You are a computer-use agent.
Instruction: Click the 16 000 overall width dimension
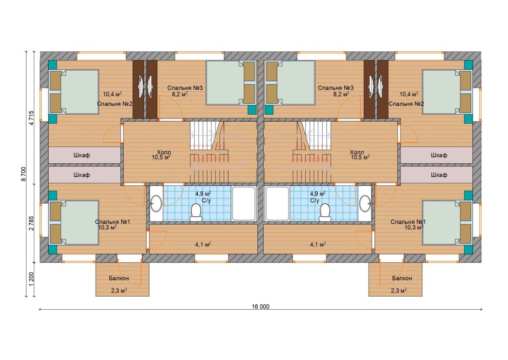click(260, 306)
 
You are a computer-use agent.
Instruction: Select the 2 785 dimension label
click(31, 223)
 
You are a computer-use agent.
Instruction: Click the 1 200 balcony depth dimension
click(31, 279)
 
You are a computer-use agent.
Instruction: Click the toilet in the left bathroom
click(196, 212)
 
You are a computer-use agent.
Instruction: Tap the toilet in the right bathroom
click(325, 212)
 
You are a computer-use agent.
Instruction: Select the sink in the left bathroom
click(156, 203)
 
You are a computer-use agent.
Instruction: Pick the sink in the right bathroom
click(365, 203)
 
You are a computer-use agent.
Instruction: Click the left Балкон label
click(118, 278)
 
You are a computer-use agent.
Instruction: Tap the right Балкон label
click(402, 278)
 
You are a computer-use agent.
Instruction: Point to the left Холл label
click(164, 152)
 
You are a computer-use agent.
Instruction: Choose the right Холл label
click(357, 152)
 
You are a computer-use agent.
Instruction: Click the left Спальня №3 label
click(185, 88)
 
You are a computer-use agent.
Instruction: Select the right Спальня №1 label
click(408, 222)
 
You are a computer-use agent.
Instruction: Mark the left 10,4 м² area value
click(112, 94)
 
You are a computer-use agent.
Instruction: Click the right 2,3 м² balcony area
click(399, 291)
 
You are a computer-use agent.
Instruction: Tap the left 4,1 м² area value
click(203, 245)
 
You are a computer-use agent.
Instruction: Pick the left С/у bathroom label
click(206, 201)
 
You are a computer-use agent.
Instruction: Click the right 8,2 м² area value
click(342, 94)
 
